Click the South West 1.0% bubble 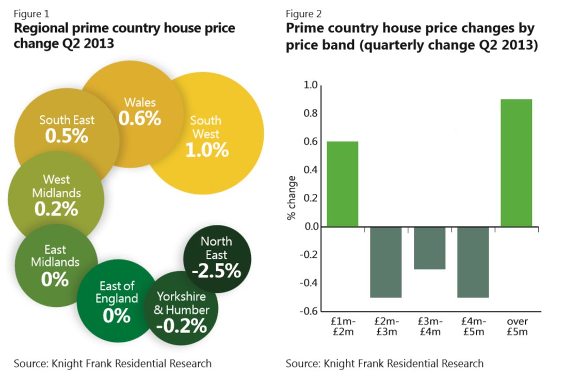[209, 137]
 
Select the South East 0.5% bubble [67, 129]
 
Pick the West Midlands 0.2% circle [56, 195]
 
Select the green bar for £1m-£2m [343, 184]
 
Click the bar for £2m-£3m [386, 262]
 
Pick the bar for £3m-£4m [429, 248]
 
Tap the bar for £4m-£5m [473, 262]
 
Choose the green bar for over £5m [516, 163]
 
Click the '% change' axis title [292, 198]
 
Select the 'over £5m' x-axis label [517, 327]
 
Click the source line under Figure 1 [112, 364]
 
